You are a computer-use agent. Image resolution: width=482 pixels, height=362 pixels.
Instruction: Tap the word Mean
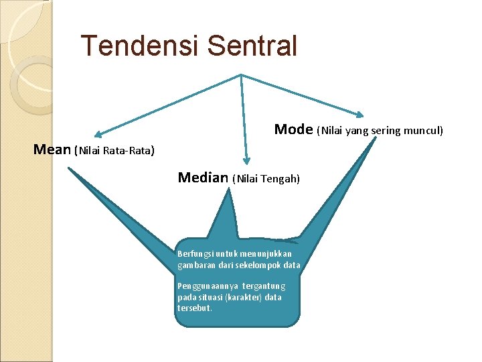pos(52,149)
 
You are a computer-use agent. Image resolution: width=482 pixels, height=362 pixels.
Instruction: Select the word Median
pos(203,178)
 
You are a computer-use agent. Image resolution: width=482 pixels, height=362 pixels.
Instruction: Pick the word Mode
pos(293,129)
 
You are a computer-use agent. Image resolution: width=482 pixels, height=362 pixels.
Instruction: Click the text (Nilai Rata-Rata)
pos(114,150)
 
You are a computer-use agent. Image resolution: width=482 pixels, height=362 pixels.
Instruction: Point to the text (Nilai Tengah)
pos(266,179)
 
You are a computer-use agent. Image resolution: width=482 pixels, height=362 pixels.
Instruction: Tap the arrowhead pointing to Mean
pos(98,133)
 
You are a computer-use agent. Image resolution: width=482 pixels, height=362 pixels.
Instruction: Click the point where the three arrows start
pos(241,75)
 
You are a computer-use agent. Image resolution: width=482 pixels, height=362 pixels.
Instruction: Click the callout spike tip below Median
pos(228,188)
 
